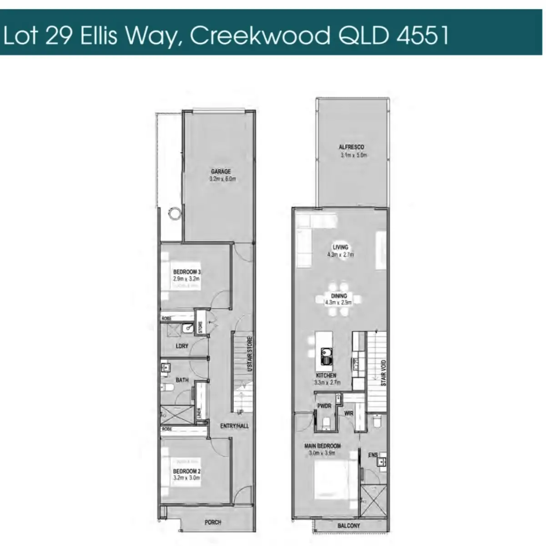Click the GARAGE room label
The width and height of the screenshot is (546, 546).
(221, 172)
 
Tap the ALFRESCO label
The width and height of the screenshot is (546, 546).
(351, 147)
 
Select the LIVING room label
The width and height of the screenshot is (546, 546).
(340, 248)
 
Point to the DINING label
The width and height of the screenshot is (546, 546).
(339, 296)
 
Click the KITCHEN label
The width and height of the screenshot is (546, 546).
(326, 375)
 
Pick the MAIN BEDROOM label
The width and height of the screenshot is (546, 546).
(322, 446)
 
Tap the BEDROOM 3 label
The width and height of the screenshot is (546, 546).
(187, 272)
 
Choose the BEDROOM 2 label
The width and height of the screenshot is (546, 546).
(187, 471)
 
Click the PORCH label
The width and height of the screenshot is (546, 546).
(212, 522)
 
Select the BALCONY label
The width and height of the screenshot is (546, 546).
(349, 526)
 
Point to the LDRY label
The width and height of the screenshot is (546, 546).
(182, 346)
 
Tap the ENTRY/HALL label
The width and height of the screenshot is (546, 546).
(235, 426)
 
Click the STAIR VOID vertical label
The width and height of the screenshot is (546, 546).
(384, 374)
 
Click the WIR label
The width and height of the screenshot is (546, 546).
(349, 414)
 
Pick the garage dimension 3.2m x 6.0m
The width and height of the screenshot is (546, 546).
(222, 179)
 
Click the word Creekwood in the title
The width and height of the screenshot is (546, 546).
(260, 35)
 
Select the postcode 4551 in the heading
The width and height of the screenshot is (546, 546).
(423, 35)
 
